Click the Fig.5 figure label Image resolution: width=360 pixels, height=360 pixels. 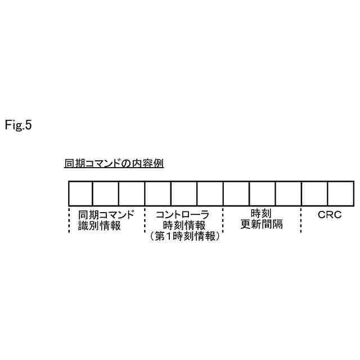19,125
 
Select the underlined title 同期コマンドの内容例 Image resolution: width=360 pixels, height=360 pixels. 114,164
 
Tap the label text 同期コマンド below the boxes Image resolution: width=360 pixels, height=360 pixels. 107,215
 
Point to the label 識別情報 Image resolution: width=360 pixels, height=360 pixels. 100,226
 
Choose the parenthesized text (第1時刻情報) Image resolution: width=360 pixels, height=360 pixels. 184,237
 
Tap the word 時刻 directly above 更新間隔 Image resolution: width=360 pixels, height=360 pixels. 262,214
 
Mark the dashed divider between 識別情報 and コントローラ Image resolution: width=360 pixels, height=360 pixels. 145,219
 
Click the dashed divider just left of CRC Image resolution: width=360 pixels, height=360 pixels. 301,219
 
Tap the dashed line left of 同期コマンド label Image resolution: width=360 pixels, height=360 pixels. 68,219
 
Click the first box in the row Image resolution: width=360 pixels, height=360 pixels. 80,193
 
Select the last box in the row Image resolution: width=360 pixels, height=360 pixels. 340,193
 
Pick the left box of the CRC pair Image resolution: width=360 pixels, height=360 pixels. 314,193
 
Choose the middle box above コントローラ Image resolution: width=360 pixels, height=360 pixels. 184,193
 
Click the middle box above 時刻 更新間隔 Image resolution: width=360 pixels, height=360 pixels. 262,193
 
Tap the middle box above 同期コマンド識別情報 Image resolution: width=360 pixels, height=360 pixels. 106,193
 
